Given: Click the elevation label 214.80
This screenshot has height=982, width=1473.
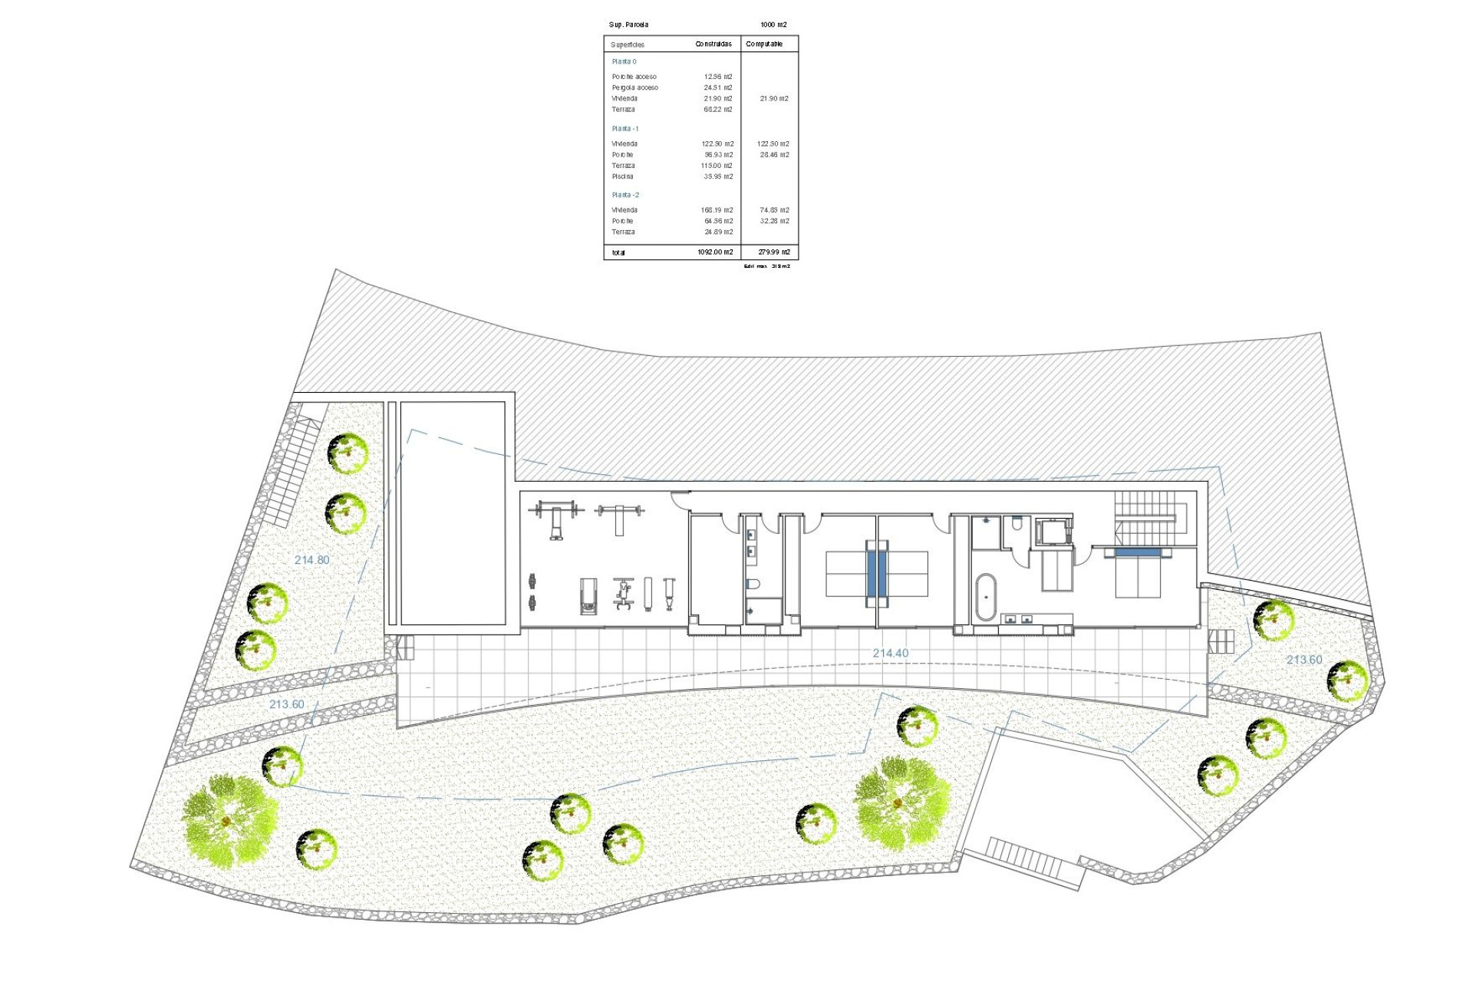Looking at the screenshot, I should tap(311, 560).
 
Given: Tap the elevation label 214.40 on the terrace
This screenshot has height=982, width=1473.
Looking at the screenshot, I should tap(890, 654).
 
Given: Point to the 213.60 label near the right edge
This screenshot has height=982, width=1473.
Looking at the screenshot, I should tap(1304, 660).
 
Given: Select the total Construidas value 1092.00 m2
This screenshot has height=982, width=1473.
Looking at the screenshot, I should tap(715, 252).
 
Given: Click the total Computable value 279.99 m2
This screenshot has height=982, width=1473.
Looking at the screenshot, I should tap(773, 252).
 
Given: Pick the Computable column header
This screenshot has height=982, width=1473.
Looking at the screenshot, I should tap(764, 44).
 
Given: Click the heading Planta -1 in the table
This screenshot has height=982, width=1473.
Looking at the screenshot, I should tap(625, 129).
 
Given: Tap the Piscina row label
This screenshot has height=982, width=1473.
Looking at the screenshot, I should tap(623, 176).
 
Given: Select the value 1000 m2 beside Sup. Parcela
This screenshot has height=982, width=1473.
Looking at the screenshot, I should tap(773, 25).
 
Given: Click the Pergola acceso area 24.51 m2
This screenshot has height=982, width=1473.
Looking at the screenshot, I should tap(717, 87).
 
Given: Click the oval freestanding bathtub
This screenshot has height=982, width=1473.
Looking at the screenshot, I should tap(985, 597).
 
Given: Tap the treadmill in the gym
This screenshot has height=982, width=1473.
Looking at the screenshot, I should tap(588, 596).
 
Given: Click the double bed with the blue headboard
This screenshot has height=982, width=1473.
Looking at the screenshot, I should tap(1138, 572).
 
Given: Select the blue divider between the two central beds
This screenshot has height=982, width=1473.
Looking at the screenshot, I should tap(876, 573).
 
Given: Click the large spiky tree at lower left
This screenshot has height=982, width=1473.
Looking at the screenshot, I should tap(229, 821).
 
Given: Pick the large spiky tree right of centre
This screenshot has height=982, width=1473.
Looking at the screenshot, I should tap(901, 802).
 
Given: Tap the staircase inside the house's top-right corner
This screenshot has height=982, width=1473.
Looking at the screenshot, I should tap(1145, 516).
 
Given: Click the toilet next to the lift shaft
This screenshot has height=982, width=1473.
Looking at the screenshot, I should tap(1017, 525).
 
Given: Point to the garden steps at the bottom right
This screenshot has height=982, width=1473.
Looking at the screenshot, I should tap(1024, 859).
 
